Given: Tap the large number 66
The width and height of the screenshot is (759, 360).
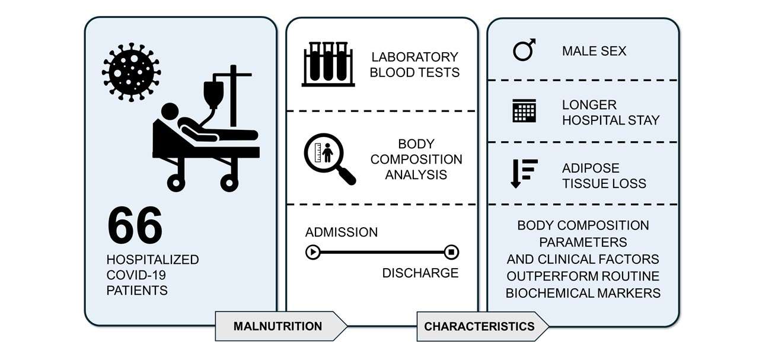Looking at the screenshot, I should [135, 226].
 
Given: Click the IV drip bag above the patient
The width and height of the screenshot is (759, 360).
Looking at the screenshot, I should [213, 93].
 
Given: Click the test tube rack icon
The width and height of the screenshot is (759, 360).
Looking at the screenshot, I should [328, 64].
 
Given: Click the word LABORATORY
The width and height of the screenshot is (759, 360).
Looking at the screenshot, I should [414, 57].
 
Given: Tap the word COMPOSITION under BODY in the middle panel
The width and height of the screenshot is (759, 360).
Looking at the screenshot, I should [416, 160].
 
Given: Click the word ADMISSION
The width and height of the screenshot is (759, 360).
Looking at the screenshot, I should [342, 232].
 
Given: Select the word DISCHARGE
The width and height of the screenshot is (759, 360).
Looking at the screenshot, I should [420, 273].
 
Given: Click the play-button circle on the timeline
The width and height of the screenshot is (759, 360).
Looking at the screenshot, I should [312, 253].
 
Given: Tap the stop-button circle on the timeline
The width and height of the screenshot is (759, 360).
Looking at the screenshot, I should [451, 253].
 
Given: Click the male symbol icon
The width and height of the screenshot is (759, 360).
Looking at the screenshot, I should [524, 50].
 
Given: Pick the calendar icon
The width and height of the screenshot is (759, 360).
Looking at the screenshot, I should [524, 111].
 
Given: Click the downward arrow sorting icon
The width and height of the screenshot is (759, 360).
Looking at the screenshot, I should [524, 174].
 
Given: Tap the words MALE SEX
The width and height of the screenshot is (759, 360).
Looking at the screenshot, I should [594, 51].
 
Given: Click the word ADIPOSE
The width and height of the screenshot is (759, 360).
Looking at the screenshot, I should [591, 168].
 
